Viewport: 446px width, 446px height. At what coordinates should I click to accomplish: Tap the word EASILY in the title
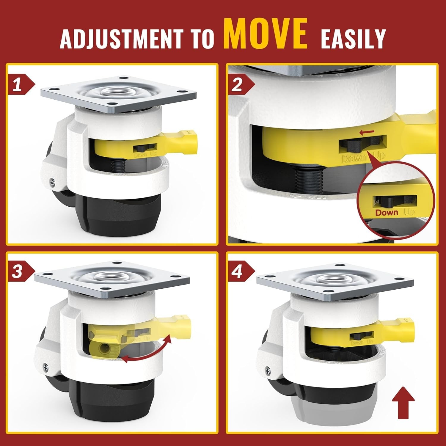[x=353, y=38]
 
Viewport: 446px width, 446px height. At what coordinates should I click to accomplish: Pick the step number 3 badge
[x=21, y=272]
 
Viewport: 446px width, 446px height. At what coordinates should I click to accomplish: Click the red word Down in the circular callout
[x=387, y=212]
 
